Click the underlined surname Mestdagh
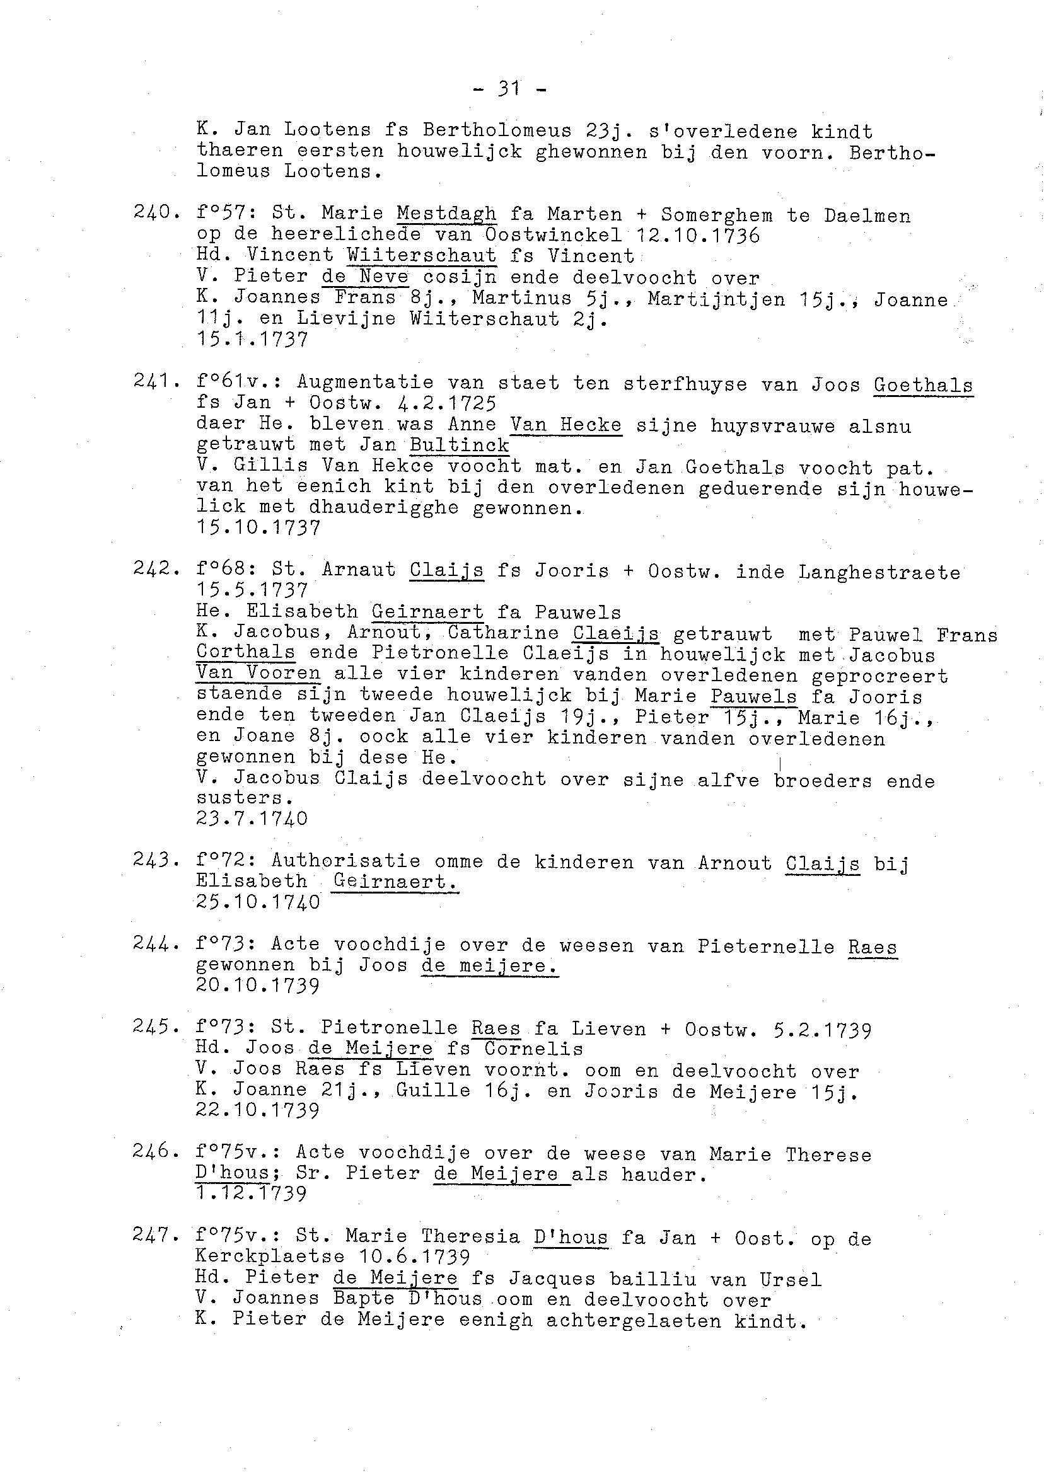coord(446,214)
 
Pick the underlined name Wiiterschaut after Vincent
coord(421,256)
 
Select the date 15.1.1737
coord(252,339)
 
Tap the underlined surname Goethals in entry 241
coord(923,385)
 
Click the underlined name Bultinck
coord(459,446)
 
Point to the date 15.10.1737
coord(258,528)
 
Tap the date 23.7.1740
coord(252,819)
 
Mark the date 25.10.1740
coord(258,902)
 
